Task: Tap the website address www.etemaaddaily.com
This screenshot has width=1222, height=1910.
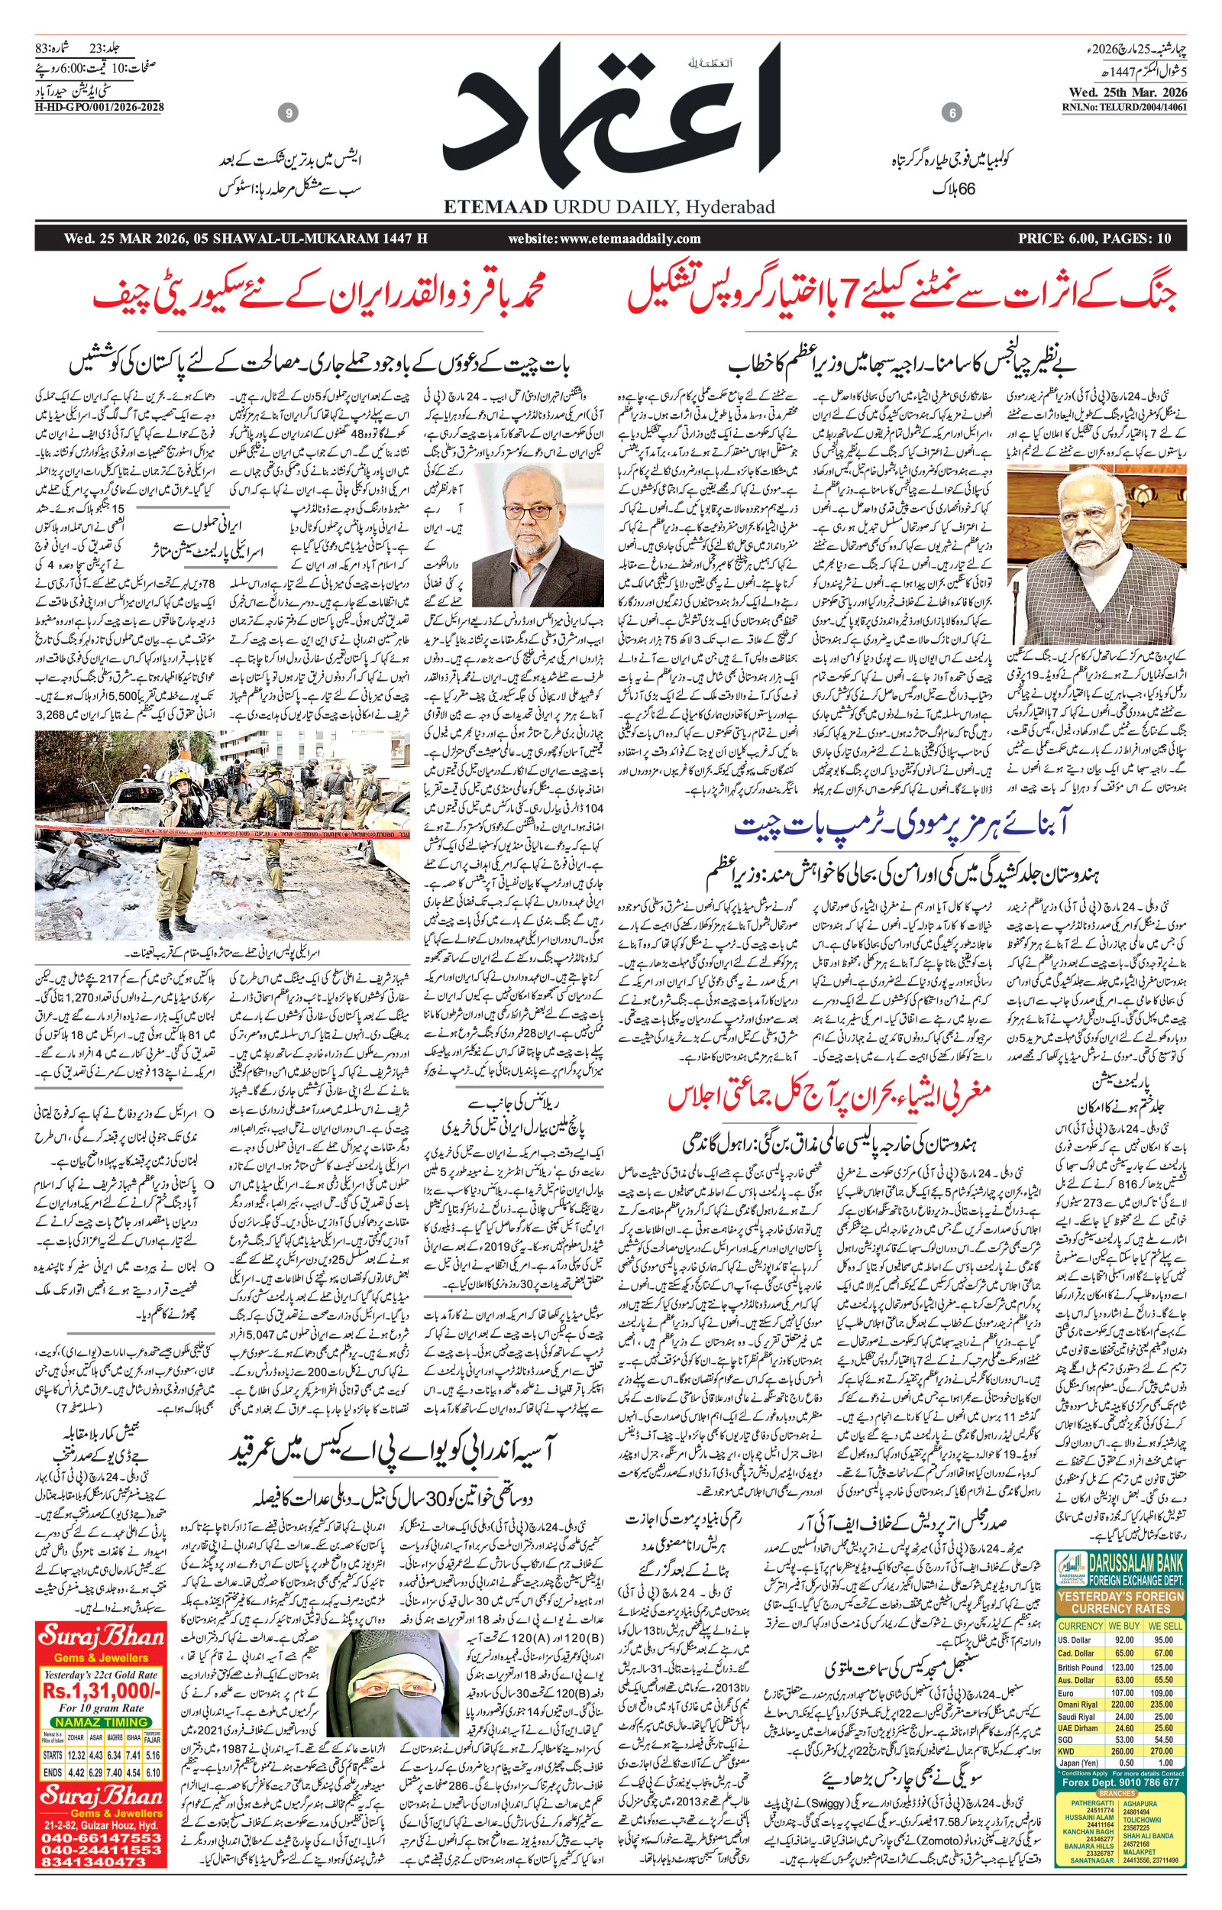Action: click(605, 238)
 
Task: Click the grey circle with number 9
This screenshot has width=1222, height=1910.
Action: click(289, 114)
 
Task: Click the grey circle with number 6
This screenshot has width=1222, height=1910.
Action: click(952, 114)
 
